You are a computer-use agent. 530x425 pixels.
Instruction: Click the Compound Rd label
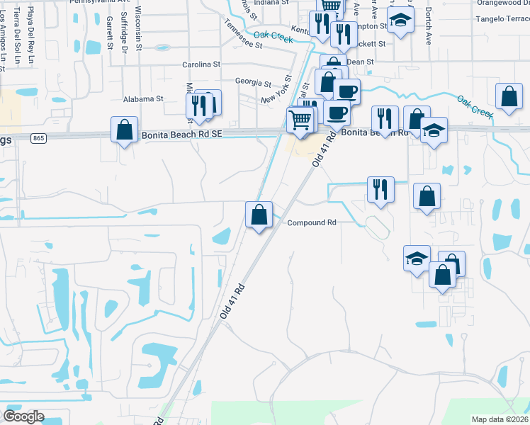pos(311,222)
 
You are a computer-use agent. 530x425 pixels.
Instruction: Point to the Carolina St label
pos(202,64)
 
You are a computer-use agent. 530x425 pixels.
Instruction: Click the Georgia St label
pos(253,82)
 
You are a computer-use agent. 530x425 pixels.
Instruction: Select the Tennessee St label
pos(243,33)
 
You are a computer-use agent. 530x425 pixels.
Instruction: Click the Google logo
pos(23,416)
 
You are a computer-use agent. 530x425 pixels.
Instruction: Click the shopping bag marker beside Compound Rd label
pos(259,214)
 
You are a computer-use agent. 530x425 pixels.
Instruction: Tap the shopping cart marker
pos(300,121)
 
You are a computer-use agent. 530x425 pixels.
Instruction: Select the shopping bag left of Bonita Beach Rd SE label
pos(125,130)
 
